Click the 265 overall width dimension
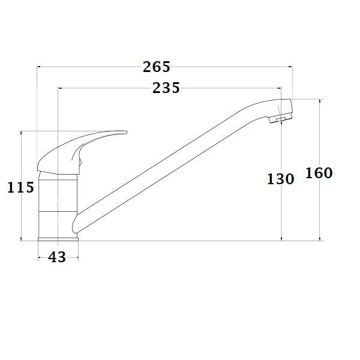(157, 67)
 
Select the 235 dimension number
(166, 88)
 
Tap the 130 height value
(280, 179)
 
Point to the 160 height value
(319, 173)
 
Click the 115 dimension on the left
(20, 188)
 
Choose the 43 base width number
(57, 257)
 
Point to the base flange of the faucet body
(59, 238)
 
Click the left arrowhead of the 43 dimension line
(40, 257)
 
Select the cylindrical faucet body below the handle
(59, 204)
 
